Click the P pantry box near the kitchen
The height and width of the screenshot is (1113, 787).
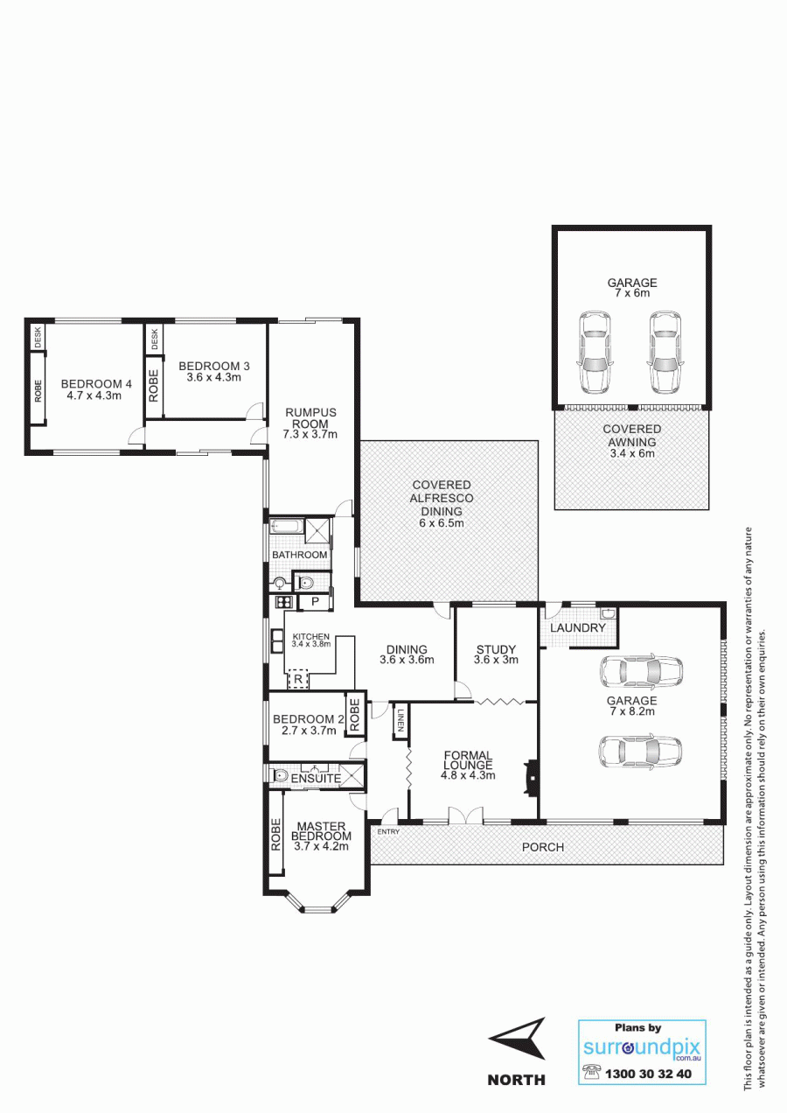(x=315, y=602)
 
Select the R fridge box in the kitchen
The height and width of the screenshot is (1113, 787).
(x=298, y=679)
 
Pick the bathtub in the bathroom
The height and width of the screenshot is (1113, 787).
(x=287, y=526)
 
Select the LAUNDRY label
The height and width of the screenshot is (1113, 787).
(x=577, y=627)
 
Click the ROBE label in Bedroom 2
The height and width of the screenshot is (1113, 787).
(x=354, y=715)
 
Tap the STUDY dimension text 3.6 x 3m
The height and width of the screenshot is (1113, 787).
(x=496, y=660)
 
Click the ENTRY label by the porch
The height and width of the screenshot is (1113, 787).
(x=388, y=832)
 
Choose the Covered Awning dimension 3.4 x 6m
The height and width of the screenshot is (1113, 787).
(x=631, y=453)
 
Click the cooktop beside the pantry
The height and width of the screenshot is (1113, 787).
(x=284, y=602)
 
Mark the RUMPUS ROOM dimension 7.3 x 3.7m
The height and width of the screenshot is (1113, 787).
(x=310, y=434)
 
